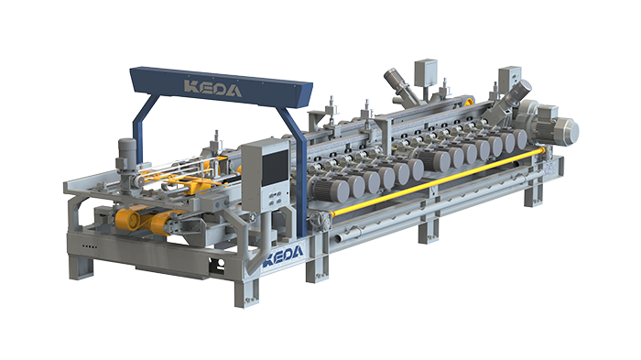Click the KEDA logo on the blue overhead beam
pyautogui.click(x=212, y=88)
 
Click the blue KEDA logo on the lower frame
pyautogui.click(x=284, y=256)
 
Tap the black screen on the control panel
pyautogui.click(x=275, y=167)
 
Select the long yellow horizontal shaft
pyautogui.click(x=436, y=182)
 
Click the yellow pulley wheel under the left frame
pyautogui.click(x=127, y=219)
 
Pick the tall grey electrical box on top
pyautogui.click(x=426, y=72)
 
